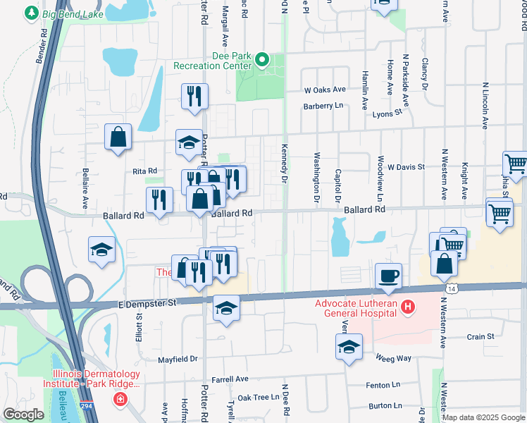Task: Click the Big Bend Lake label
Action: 72,13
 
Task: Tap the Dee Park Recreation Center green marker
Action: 262,60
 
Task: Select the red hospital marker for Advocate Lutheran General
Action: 407,307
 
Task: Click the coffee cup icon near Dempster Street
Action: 387,276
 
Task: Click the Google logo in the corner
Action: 23,415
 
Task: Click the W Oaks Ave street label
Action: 325,90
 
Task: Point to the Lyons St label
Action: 387,112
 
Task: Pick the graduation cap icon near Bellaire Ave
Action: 101,250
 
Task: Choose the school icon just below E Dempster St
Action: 226,308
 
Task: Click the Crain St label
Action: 480,337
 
